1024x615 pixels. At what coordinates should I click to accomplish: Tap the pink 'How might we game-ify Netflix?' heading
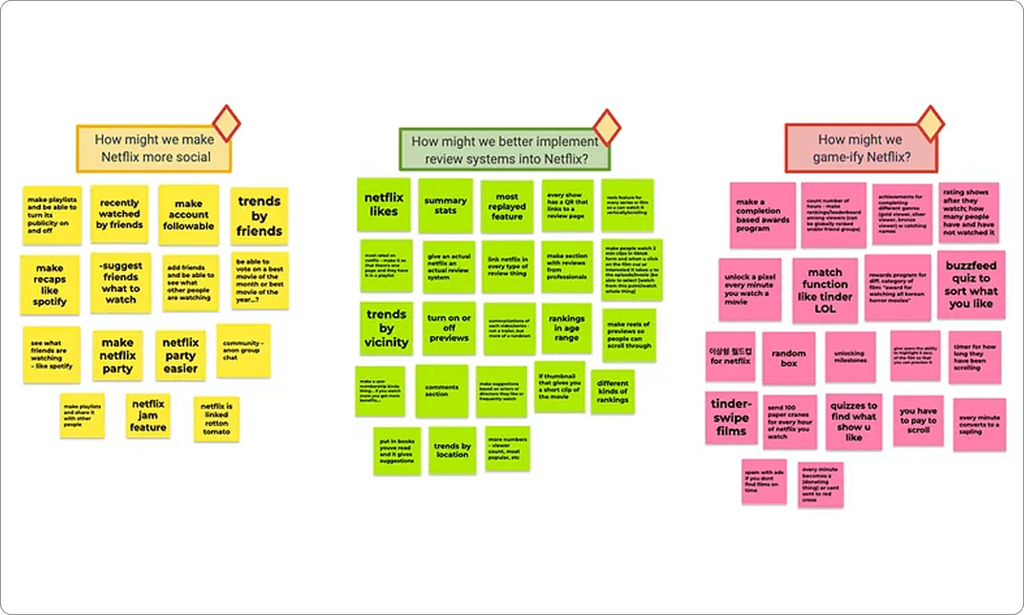pos(859,147)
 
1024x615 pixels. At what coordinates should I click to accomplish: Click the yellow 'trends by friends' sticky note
pos(260,217)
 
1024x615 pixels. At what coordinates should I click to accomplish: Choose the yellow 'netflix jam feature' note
pos(148,415)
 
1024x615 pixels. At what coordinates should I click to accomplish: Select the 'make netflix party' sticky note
pos(118,356)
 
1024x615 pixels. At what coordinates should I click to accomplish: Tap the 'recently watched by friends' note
pos(119,214)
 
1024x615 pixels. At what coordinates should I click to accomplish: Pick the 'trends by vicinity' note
pos(387,329)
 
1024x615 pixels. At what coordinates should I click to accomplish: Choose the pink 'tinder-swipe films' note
pos(732,417)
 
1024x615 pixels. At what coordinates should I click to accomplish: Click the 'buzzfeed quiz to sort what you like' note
pos(972,285)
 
